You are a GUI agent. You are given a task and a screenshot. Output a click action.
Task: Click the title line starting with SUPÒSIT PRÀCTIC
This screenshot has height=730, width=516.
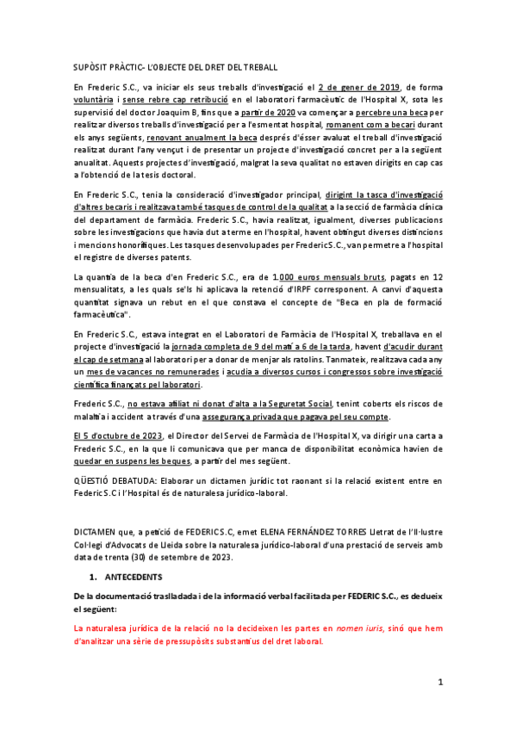[x=175, y=67]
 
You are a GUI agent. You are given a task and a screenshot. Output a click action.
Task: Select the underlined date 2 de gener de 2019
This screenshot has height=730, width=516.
[x=357, y=87]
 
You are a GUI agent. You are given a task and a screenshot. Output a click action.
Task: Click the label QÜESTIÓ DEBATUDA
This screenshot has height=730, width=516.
[x=108, y=479]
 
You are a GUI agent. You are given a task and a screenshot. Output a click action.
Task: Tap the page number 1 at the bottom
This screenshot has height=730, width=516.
[x=439, y=682]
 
